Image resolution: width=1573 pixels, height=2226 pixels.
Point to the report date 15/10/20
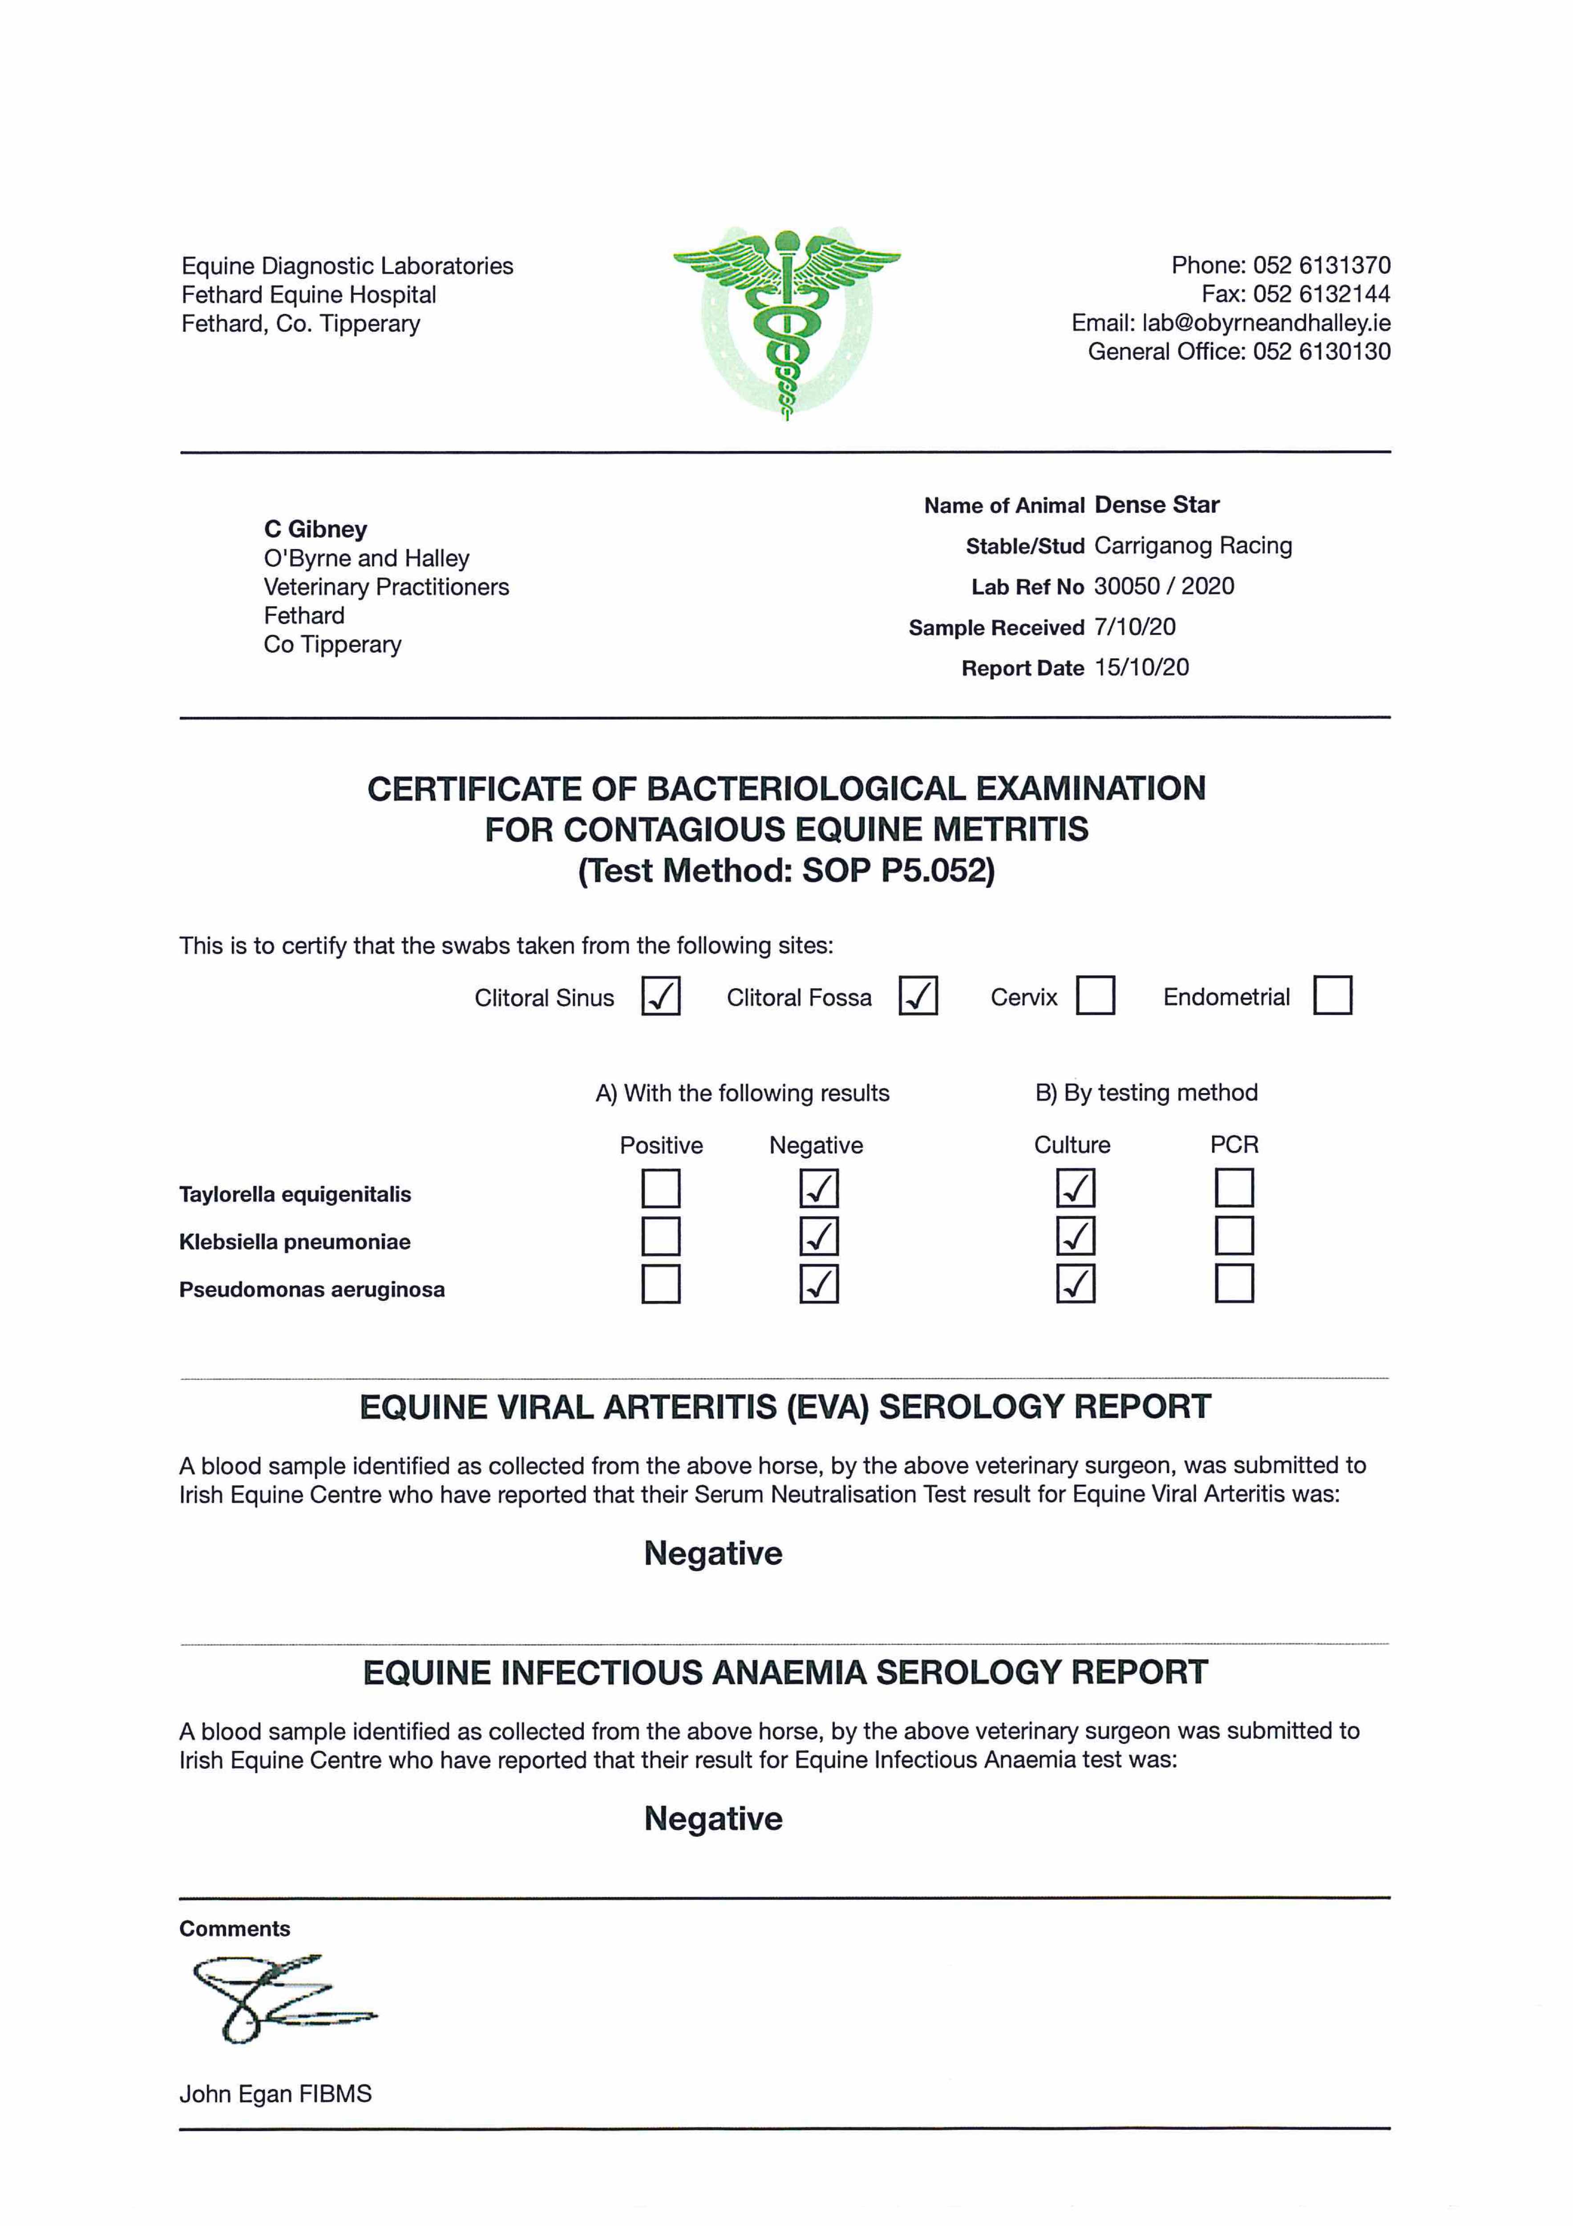pos(1141,667)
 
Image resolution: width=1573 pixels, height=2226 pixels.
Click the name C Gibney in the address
pos(315,529)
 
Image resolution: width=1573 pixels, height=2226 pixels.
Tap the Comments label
pos(235,1929)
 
